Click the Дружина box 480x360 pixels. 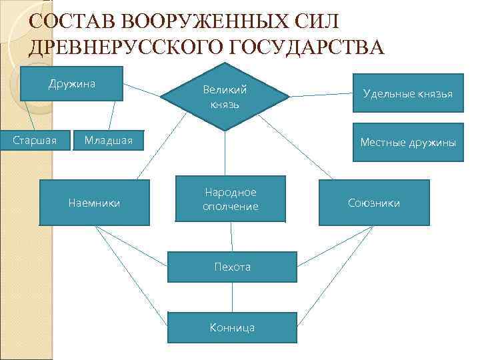pyautogui.click(x=72, y=83)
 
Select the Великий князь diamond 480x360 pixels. pyautogui.click(x=225, y=97)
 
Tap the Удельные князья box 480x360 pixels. pyautogui.click(x=407, y=93)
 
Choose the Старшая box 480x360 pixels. pyautogui.click(x=35, y=140)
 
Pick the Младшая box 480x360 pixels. pyautogui.click(x=108, y=140)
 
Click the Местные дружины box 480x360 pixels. pyautogui.click(x=407, y=142)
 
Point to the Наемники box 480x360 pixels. pyautogui.click(x=94, y=203)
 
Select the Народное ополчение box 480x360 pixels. pyautogui.click(x=230, y=199)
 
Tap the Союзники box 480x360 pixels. pyautogui.click(x=374, y=203)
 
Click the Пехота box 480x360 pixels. pyautogui.click(x=232, y=267)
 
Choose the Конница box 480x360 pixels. pyautogui.click(x=231, y=327)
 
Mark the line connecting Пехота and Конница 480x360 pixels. pyautogui.click(x=232, y=297)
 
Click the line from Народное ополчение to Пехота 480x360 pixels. pyautogui.click(x=231, y=237)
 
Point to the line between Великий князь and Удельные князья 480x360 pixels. pyautogui.click(x=321, y=95)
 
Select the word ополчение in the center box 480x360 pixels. pyautogui.click(x=230, y=207)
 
